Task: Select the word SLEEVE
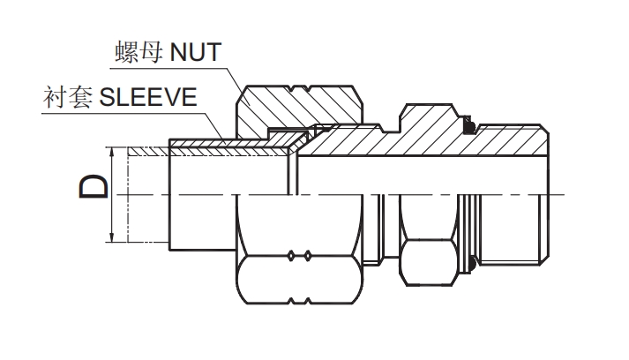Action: tap(146, 96)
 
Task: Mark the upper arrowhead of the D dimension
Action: tap(112, 152)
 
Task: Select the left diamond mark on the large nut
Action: tap(292, 259)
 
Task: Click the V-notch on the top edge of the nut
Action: tap(299, 90)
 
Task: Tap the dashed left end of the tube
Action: tap(129, 193)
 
